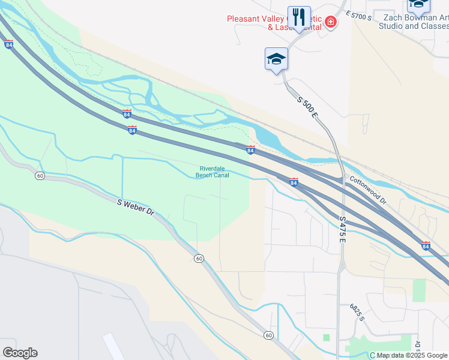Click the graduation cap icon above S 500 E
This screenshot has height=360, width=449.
[276, 59]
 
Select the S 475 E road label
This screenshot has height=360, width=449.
[343, 230]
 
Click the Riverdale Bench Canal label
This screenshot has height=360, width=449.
[212, 172]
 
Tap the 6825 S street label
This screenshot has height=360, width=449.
[357, 312]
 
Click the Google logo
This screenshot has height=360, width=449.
[20, 353]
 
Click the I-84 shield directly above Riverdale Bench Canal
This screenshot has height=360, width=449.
[250, 149]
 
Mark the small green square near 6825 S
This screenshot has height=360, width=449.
[327, 338]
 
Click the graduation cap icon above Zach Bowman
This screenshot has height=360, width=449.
[418, 5]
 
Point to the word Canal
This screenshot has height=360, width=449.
[221, 175]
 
